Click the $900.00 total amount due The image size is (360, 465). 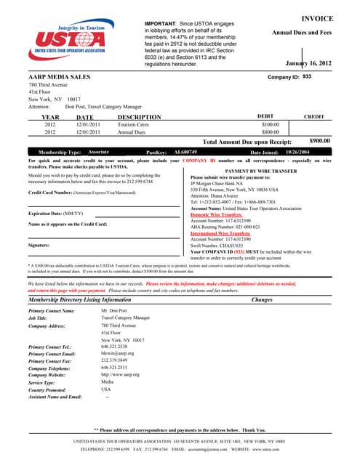pyautogui.click(x=319, y=141)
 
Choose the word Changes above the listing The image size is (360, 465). pyautogui.click(x=261, y=299)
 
